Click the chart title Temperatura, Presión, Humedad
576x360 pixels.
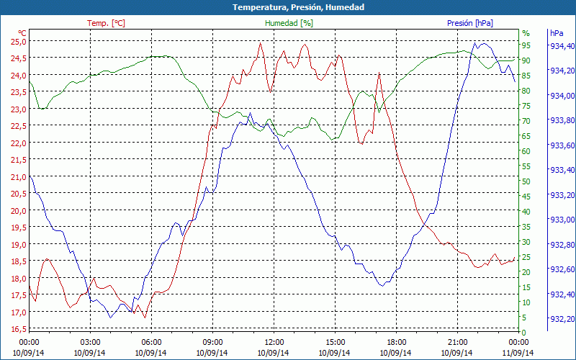click(x=288, y=7)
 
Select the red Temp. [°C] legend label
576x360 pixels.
click(x=106, y=23)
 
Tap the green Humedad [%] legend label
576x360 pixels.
click(x=289, y=23)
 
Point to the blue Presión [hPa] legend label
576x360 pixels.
click(x=470, y=23)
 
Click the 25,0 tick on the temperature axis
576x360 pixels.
click(x=18, y=41)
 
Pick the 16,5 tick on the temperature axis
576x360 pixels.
click(x=18, y=329)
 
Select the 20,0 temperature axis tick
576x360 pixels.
click(x=18, y=210)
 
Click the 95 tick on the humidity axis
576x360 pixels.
click(x=526, y=45)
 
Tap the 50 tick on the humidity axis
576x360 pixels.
click(x=526, y=181)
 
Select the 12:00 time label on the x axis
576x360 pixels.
click(x=274, y=342)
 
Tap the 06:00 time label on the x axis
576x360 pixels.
click(x=152, y=342)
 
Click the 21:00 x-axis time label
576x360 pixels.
click(x=458, y=342)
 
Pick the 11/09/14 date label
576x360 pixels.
click(x=518, y=353)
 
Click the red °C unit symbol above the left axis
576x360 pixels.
click(x=22, y=33)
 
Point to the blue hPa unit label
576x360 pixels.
click(x=556, y=33)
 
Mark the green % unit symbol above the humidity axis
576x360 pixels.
click(x=526, y=33)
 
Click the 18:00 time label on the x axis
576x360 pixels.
click(x=397, y=342)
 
